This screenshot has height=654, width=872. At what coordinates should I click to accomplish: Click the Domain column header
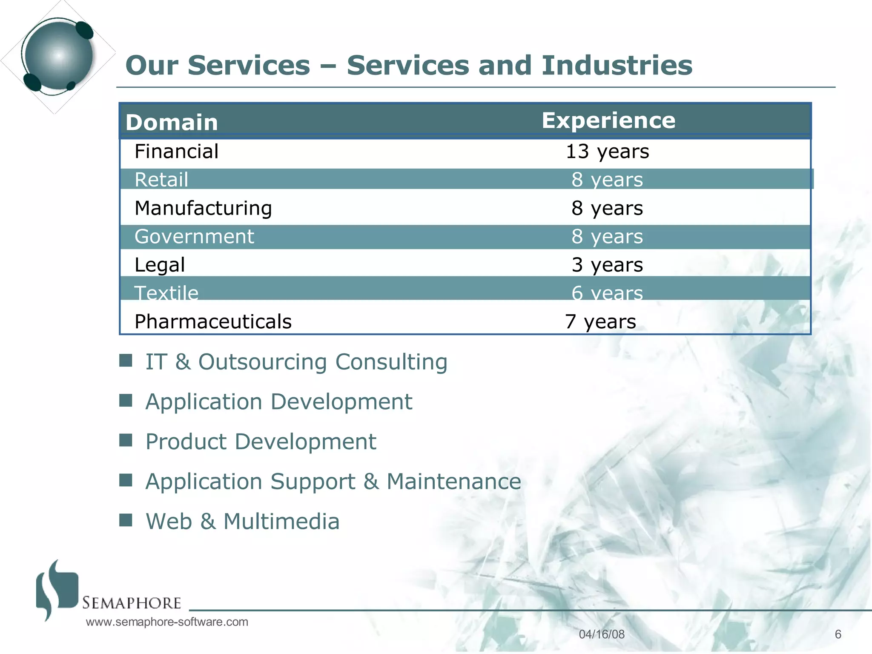[172, 123]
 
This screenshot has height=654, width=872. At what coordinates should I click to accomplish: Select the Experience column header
[608, 121]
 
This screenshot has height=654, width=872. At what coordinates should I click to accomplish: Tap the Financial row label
[176, 152]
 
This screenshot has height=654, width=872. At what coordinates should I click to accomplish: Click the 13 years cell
[607, 152]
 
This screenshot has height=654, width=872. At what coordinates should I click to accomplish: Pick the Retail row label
[161, 180]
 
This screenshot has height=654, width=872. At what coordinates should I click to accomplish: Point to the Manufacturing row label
[203, 208]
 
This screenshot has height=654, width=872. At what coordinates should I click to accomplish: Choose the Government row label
[194, 237]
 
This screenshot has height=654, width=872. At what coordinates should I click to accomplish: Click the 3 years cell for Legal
[607, 265]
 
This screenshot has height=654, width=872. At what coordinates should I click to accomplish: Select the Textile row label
[166, 293]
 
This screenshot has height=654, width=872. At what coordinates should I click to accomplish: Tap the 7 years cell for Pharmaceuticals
[600, 321]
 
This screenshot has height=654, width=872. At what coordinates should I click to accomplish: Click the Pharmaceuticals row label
[213, 321]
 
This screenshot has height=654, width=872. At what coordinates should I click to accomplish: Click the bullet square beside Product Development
[126, 440]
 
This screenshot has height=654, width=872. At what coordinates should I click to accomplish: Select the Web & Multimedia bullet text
[243, 521]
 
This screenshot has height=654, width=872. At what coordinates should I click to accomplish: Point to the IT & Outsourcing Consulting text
[296, 362]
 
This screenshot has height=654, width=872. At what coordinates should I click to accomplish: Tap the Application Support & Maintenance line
[333, 482]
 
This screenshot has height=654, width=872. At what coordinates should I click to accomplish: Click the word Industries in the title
[617, 66]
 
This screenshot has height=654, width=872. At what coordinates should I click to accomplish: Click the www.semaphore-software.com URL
[167, 622]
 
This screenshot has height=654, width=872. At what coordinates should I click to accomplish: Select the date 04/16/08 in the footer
[602, 634]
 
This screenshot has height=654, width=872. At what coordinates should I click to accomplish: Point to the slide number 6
[838, 634]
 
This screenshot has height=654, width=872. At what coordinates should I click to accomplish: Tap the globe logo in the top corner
[58, 55]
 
